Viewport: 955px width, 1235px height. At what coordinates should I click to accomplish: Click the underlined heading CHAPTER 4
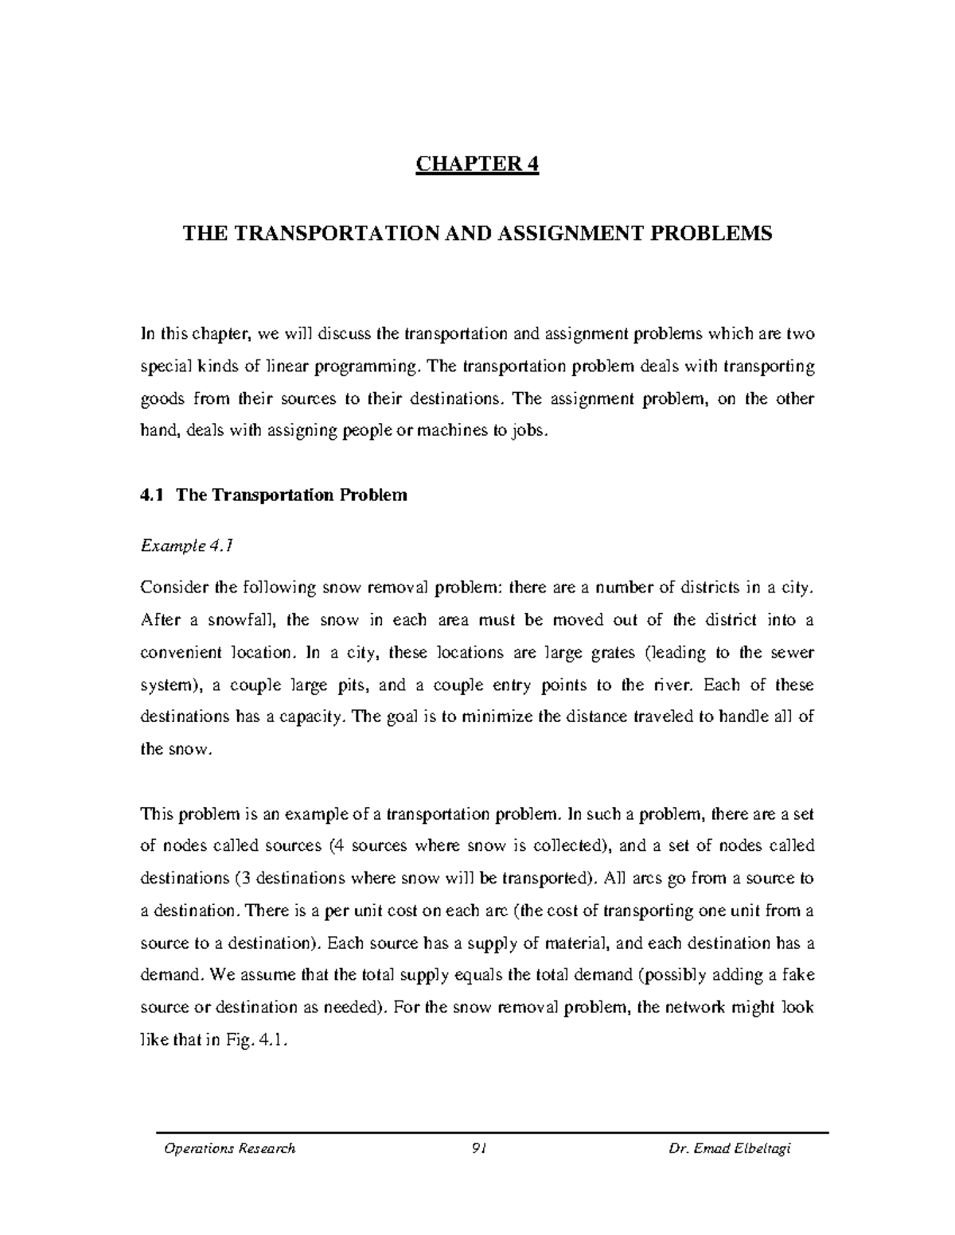(477, 165)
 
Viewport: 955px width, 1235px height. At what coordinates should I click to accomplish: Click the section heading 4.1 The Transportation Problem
(273, 495)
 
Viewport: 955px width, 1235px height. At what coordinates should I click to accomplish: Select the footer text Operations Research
(229, 1148)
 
